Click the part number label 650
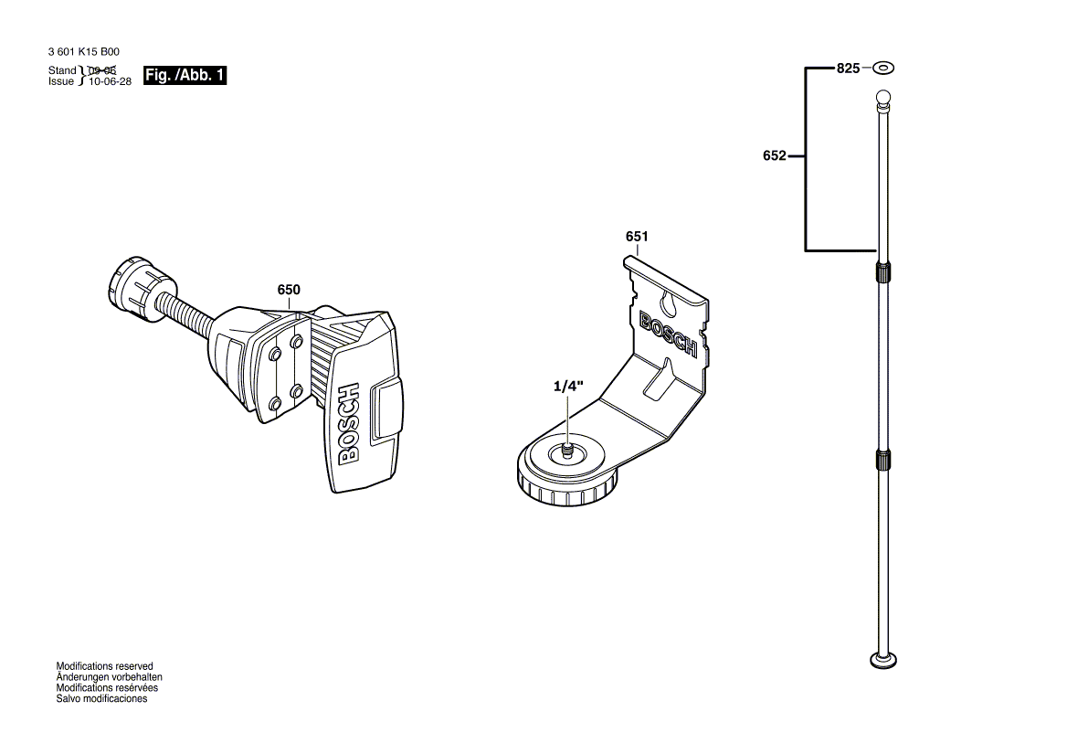pos(288,290)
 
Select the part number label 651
pos(637,237)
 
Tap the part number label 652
pos(774,156)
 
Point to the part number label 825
pos(849,69)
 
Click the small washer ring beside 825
pos(883,69)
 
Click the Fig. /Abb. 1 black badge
pos(185,76)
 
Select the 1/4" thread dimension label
pos(566,387)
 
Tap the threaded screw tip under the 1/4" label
pos(567,451)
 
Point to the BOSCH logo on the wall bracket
pos(668,335)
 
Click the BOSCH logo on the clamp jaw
pos(350,425)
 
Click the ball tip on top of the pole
pos(882,97)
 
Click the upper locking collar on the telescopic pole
pos(882,271)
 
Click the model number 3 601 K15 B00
pos(84,53)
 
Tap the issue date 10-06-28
pos(111,81)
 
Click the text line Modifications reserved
pos(105,667)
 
